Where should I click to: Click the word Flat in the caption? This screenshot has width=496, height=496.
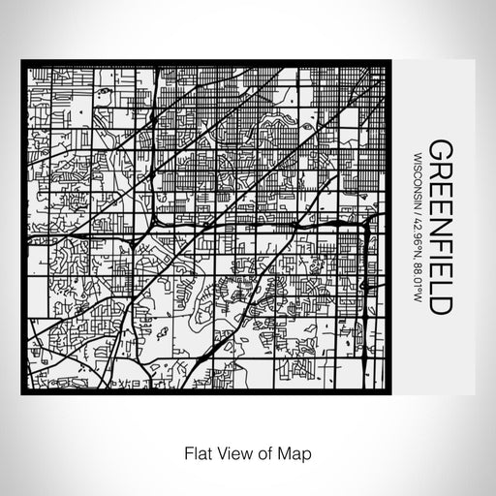(x=192, y=451)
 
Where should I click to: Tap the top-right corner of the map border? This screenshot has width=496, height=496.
(x=391, y=63)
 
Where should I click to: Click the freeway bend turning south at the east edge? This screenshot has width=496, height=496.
(x=369, y=224)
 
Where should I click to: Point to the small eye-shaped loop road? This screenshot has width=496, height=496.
(x=307, y=127)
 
